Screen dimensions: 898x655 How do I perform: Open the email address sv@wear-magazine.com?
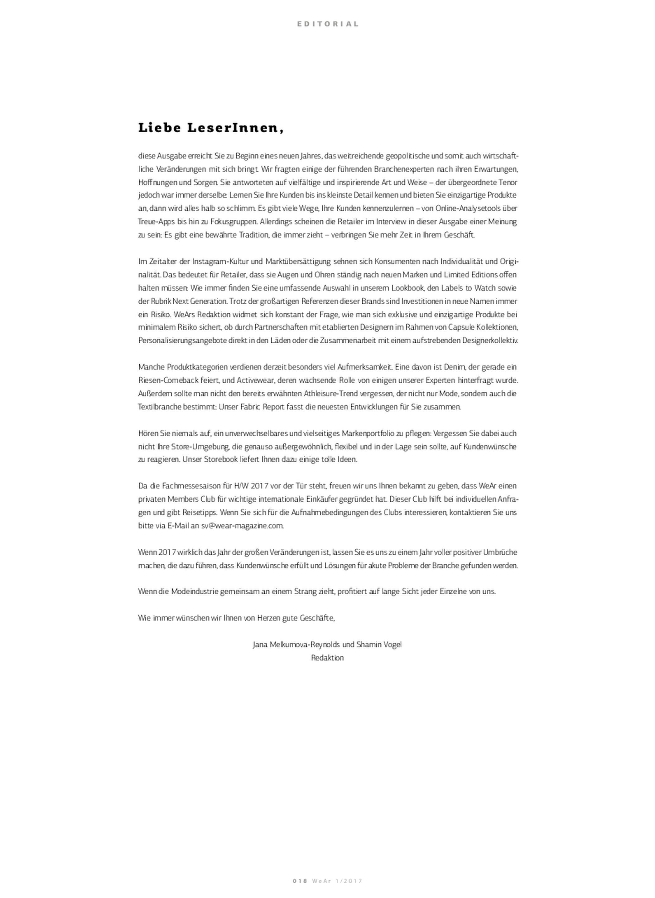click(242, 526)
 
